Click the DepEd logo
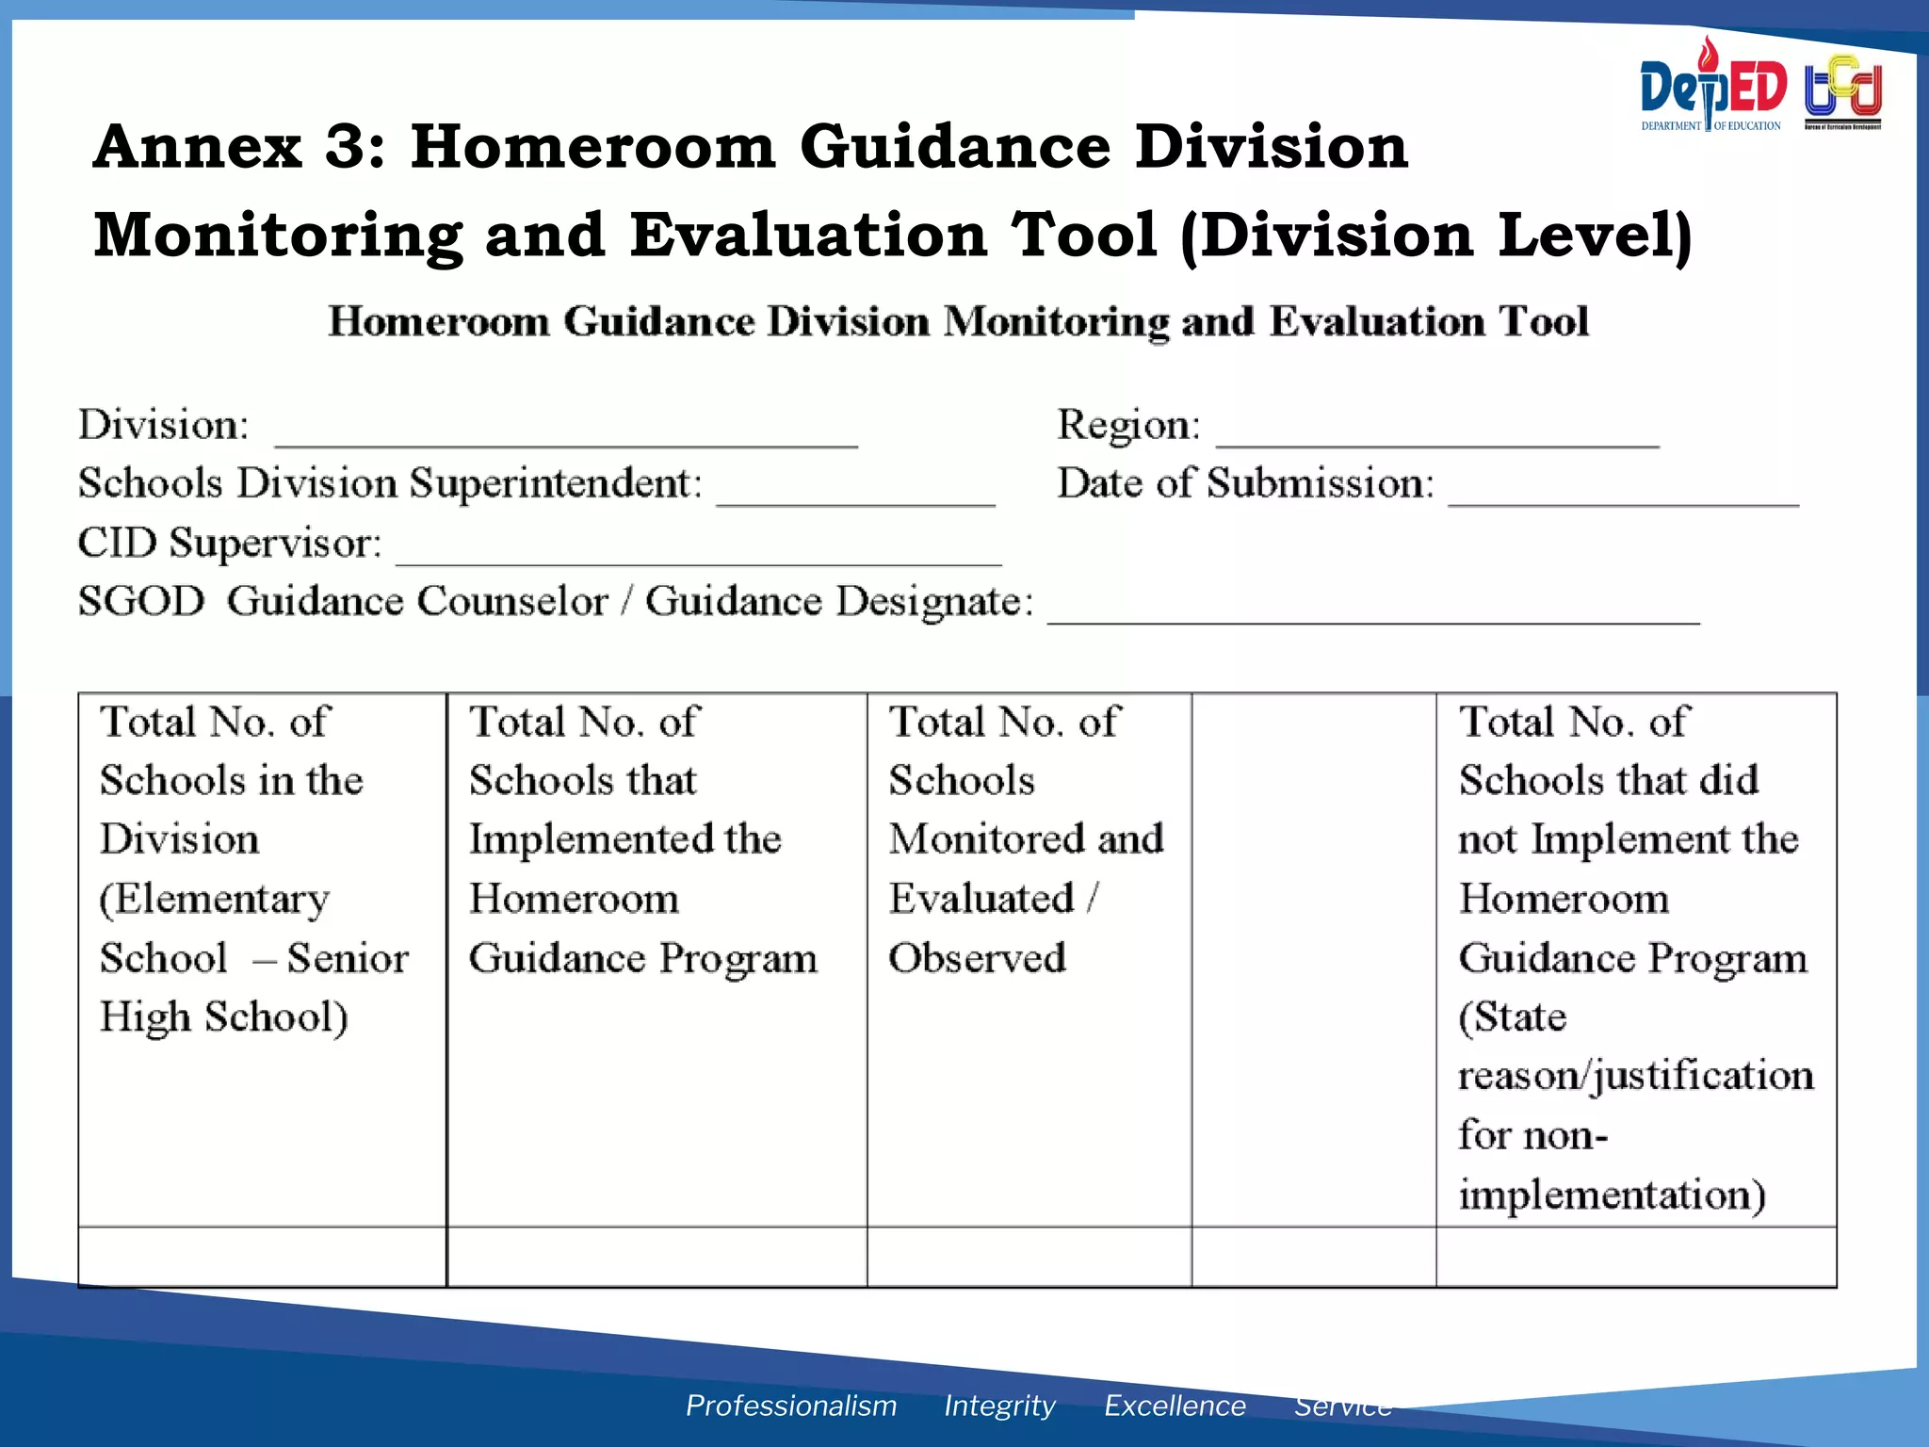1711,88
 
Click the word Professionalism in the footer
790,1405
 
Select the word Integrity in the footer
999,1405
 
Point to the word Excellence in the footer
1175,1405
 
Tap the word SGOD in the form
141,601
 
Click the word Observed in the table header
977,957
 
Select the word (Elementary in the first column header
215,899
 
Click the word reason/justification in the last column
1635,1076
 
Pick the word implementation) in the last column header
1612,1195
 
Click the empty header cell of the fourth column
1313,959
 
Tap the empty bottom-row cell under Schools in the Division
262,1257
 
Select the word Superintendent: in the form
556,484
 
